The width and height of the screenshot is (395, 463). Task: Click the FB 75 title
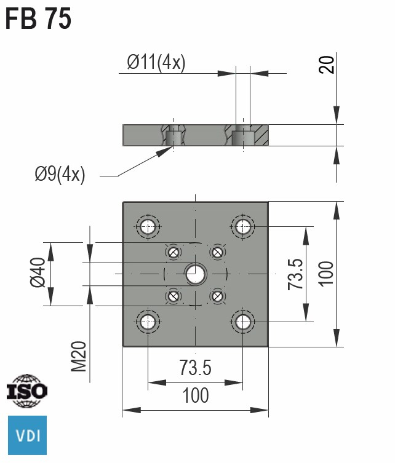tap(38, 18)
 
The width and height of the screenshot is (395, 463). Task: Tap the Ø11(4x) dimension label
tap(156, 62)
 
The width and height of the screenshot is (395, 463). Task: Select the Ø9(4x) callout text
tap(60, 174)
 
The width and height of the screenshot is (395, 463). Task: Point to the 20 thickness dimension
tap(327, 65)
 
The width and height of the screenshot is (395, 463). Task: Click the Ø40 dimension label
tap(38, 272)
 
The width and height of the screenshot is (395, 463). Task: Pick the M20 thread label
tap(79, 357)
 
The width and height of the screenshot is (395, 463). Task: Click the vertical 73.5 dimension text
tap(295, 274)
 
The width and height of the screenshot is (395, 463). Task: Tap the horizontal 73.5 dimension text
tap(195, 367)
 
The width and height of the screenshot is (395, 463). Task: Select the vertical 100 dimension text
tap(326, 274)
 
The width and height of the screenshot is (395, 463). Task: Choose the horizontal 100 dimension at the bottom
tap(196, 395)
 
